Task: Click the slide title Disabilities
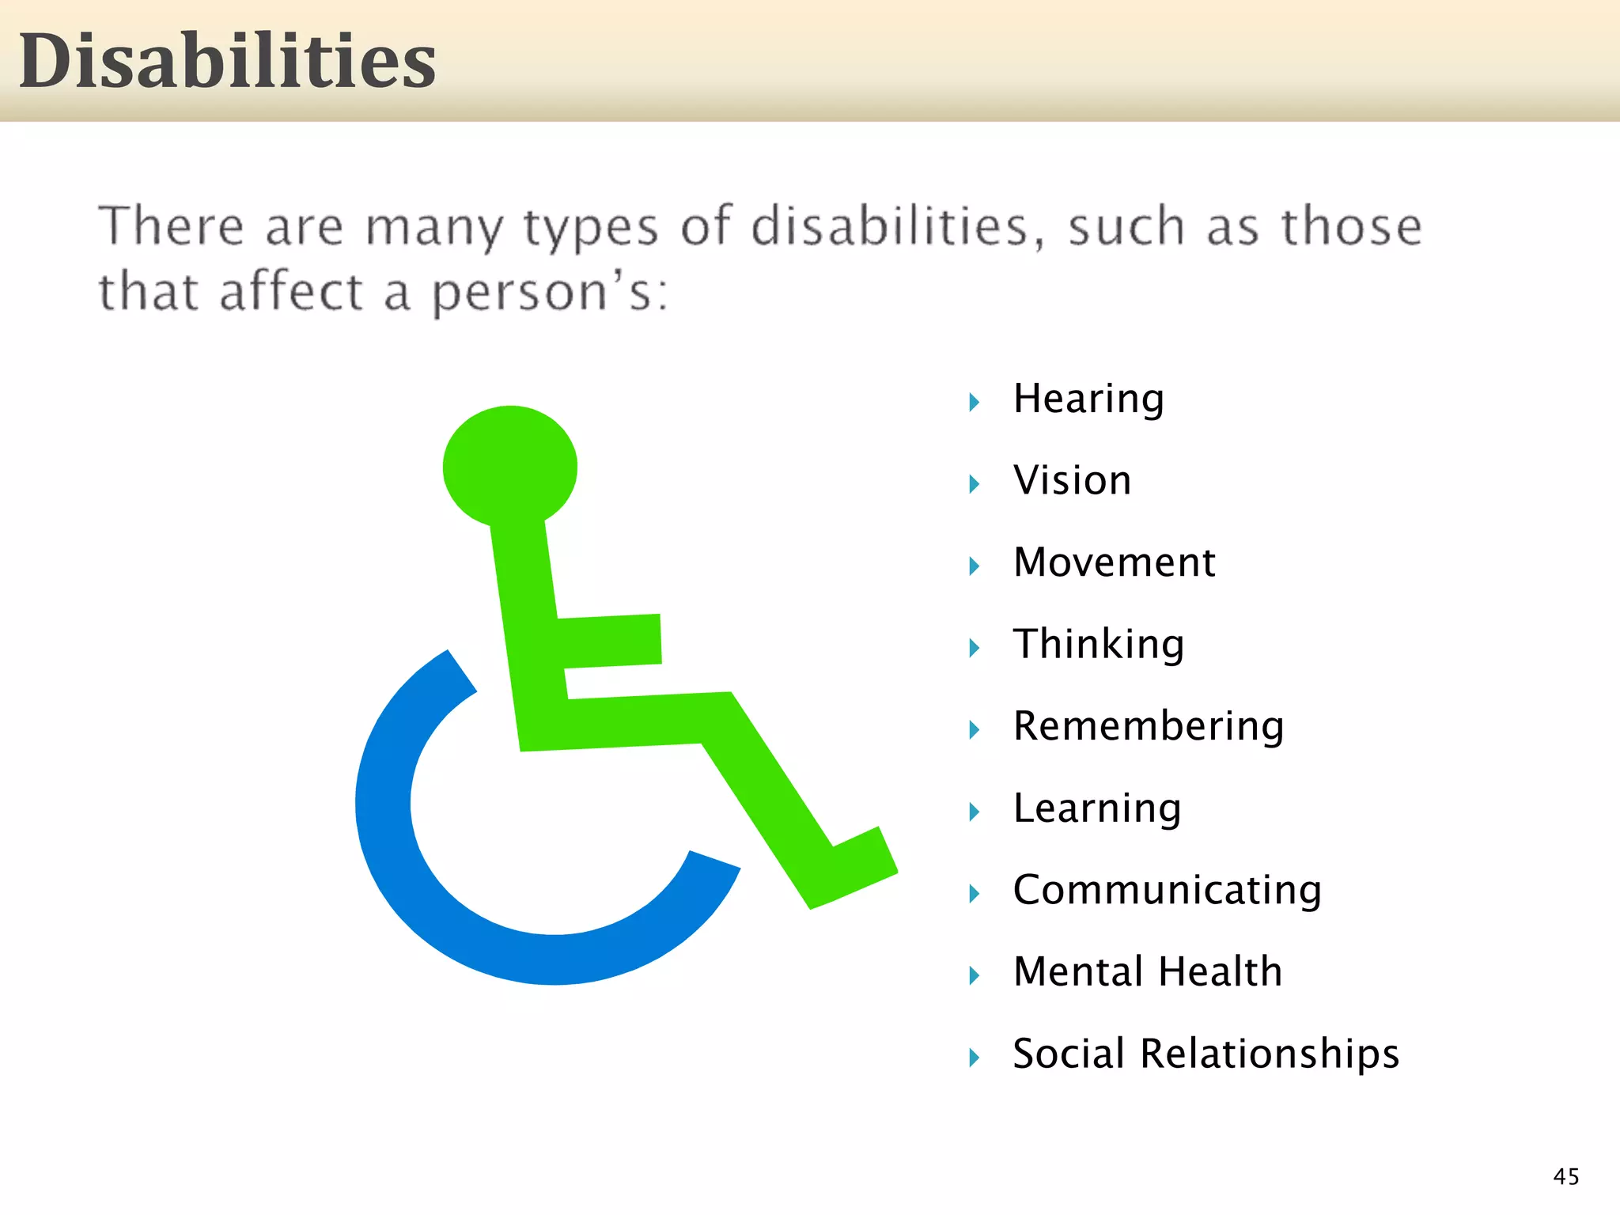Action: [227, 62]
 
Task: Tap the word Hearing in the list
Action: [1088, 399]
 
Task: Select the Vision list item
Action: [1072, 481]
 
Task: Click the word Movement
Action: [1114, 562]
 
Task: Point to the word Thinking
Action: [1099, 645]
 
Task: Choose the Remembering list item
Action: [1149, 726]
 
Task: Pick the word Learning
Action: [1097, 808]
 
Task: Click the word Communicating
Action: [1167, 890]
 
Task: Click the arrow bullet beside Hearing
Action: [975, 403]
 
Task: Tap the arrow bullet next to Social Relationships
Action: [975, 1058]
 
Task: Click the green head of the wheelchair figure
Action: [509, 466]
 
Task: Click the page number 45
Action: [1565, 1176]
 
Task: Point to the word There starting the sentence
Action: [171, 227]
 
